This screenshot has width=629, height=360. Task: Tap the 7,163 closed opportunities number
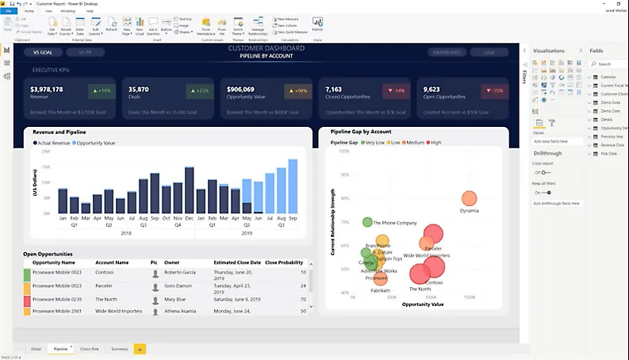click(x=334, y=89)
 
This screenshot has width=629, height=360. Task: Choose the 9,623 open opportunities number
click(x=431, y=89)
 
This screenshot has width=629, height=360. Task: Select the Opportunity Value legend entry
click(x=96, y=143)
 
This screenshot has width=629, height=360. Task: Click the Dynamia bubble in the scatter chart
click(x=470, y=199)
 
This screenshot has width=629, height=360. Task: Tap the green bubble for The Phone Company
click(x=367, y=223)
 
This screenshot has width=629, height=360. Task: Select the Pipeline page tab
click(x=60, y=349)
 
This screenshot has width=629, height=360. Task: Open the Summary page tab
click(x=119, y=349)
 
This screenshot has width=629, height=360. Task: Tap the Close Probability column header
click(x=283, y=262)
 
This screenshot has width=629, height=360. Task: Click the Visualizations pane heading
click(x=549, y=50)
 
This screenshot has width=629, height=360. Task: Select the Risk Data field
click(x=610, y=153)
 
